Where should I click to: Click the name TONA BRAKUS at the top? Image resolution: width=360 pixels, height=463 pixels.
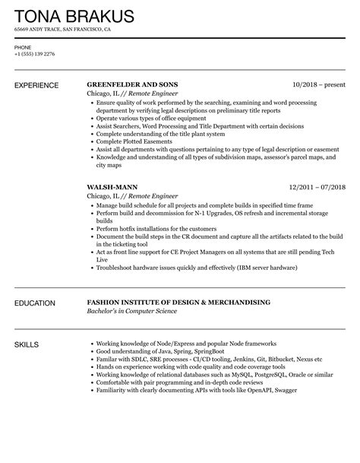(74, 17)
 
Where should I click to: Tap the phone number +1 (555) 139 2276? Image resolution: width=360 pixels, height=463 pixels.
(34, 54)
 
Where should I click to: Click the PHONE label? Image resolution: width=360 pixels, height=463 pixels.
(23, 47)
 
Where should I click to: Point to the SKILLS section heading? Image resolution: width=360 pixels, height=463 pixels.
(28, 344)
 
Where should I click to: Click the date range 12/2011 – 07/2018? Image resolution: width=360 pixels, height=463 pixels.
(317, 186)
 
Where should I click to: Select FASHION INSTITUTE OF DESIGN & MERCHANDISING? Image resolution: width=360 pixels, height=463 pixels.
(178, 303)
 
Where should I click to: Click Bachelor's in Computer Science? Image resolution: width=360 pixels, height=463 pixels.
(134, 312)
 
